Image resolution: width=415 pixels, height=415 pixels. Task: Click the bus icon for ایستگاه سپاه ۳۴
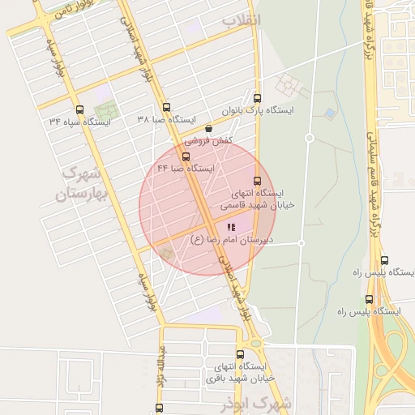[x=79, y=109]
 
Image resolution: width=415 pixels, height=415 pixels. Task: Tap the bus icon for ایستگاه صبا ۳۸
[x=166, y=107]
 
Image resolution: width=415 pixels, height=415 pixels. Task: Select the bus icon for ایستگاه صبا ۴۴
[x=186, y=156]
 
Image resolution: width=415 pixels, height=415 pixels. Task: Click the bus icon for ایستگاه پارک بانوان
[x=257, y=96]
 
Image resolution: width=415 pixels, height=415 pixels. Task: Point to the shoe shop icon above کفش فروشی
[x=209, y=128]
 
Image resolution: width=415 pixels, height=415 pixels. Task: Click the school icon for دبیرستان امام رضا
[x=231, y=228]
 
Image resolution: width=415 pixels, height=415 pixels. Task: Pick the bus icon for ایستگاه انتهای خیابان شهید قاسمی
[x=258, y=181]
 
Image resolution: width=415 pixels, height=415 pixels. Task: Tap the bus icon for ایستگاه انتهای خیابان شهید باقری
[x=239, y=354]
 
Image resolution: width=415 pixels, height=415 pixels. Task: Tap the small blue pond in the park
[x=329, y=113]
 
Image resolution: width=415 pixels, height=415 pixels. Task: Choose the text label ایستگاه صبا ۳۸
[x=166, y=120]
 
